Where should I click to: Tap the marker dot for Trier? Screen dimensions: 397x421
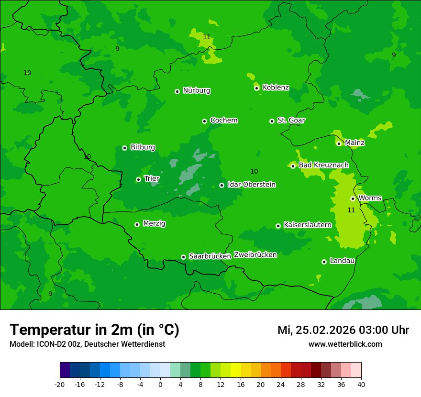[x=138, y=179]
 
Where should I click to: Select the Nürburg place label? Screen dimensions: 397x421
[x=196, y=90]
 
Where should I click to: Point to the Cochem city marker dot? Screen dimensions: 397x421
[x=204, y=121]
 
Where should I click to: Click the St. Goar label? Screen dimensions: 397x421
[x=291, y=121]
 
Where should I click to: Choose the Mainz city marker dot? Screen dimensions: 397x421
[x=339, y=143]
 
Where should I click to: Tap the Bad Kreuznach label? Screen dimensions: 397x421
[x=323, y=165]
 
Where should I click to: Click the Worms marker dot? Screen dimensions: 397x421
[x=353, y=198]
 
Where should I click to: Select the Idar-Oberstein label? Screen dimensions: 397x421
[x=251, y=185]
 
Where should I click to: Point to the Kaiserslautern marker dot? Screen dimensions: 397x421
[x=278, y=226]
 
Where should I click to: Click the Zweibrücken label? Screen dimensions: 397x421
[x=255, y=255]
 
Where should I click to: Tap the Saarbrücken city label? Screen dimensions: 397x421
[x=210, y=256]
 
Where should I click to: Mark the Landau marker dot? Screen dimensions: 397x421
[x=324, y=262]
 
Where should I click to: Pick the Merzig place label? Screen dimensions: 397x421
[x=154, y=224]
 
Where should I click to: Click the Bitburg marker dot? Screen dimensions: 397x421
[x=124, y=148]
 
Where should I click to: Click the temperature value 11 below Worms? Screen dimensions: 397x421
[x=351, y=210]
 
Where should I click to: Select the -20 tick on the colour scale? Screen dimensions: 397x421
[x=60, y=384]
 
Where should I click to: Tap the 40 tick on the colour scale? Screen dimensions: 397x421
[x=361, y=384]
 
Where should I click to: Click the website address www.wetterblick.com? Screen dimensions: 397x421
[x=345, y=344]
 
